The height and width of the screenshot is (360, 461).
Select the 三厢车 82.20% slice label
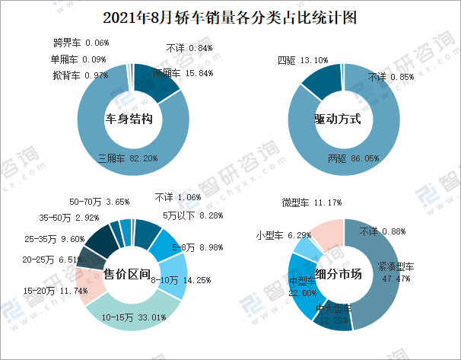tap(128, 158)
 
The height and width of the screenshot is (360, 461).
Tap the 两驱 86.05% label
tap(354, 158)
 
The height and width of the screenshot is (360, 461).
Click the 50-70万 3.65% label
tap(99, 202)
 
